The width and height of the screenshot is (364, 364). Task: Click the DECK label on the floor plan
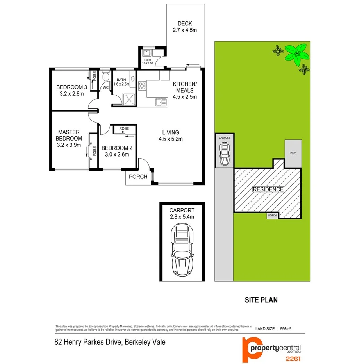185,23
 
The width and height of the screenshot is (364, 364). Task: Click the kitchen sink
161,102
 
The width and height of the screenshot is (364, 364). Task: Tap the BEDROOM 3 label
71,87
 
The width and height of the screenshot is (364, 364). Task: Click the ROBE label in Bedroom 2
124,128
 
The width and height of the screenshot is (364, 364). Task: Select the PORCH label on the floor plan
139,177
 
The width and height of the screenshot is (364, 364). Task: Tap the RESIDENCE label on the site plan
268,189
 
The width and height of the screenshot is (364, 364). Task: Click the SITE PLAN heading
261,300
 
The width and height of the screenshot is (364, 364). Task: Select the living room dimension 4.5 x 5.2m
171,139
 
